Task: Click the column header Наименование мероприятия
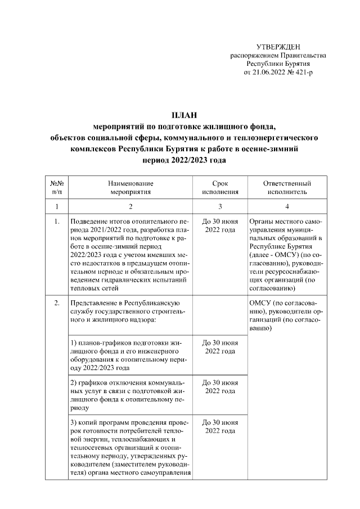click(x=130, y=187)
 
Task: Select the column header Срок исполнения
click(x=220, y=187)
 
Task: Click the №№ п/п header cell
click(x=57, y=187)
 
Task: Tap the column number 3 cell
click(x=220, y=206)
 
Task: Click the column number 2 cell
click(x=130, y=206)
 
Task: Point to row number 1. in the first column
click(x=57, y=222)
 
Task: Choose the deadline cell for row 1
click(x=220, y=226)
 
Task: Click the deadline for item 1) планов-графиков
click(x=220, y=346)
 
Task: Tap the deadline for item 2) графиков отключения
click(x=220, y=387)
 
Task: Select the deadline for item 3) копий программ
click(x=220, y=426)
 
